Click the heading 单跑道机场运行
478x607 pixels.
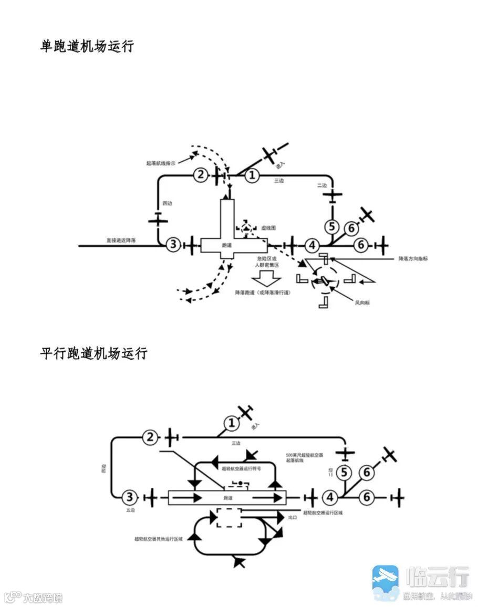click(87, 46)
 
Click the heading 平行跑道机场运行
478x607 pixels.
click(93, 353)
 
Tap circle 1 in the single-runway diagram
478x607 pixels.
click(252, 175)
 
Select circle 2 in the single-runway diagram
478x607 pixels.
click(200, 175)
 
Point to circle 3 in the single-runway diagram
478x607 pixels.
click(173, 244)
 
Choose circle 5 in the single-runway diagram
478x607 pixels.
click(331, 227)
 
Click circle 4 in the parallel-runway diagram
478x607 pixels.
click(330, 497)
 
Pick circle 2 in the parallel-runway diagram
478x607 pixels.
click(151, 437)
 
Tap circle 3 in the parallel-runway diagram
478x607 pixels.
click(129, 497)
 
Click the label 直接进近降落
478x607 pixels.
click(121, 240)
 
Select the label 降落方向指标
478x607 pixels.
click(413, 259)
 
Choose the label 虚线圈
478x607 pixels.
click(272, 228)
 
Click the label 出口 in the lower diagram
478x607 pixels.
click(293, 517)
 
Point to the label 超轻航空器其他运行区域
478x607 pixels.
click(158, 539)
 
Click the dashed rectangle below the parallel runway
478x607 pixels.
click(229, 518)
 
